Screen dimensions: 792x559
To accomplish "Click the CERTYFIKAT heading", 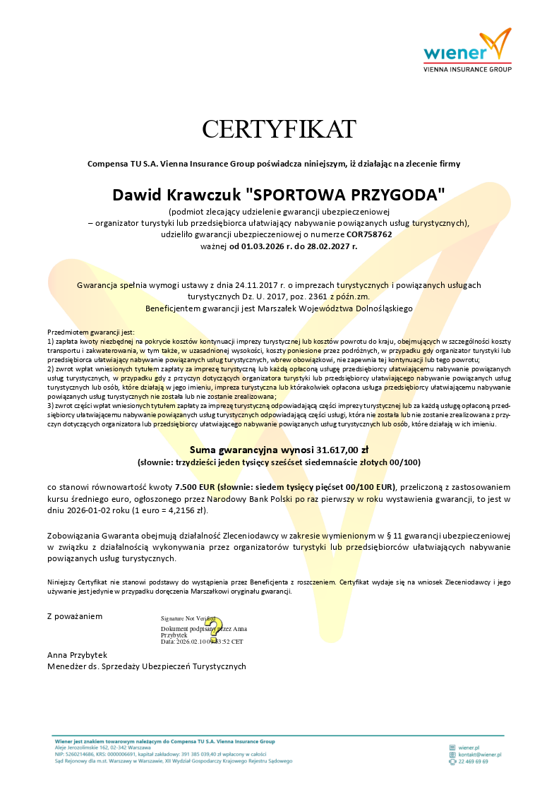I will [279, 129].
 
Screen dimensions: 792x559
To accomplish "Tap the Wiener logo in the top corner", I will [467, 51].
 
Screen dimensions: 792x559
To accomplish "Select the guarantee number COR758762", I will [369, 234].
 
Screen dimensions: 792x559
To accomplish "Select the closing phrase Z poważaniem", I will [75, 616].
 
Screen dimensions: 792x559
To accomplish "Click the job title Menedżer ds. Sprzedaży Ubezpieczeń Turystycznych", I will [147, 666].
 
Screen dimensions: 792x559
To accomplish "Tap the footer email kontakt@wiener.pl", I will [479, 755].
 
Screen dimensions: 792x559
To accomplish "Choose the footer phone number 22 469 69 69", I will [473, 762].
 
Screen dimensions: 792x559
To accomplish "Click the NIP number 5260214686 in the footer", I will [82, 755].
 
